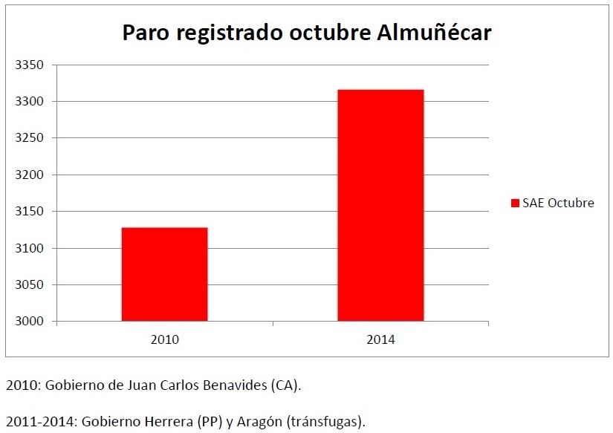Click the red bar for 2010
pos(164,274)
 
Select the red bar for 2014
pos(380,205)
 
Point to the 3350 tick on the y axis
pos(30,65)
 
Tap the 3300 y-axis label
pos(30,101)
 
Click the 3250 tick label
pos(30,138)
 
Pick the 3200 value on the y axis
pos(30,175)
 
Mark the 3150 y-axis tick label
pos(30,212)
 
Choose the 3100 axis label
pos(30,248)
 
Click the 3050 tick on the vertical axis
pos(30,285)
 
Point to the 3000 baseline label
pos(30,322)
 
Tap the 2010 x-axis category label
pos(164,339)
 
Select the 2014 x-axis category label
pos(380,339)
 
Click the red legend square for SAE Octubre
pos(515,203)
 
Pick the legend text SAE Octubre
pos(558,203)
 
